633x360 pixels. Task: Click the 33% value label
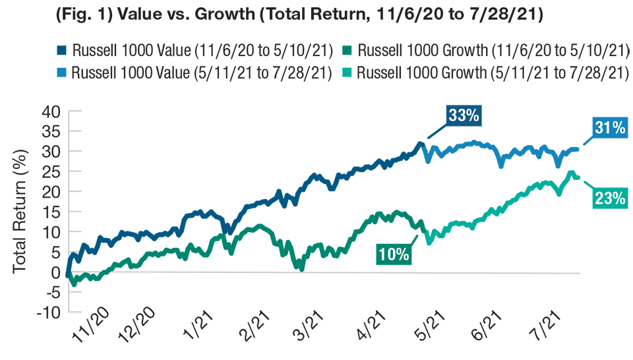coord(463,115)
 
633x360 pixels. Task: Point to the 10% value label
coord(394,254)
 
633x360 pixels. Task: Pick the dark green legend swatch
coord(346,45)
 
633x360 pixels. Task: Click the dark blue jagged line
coord(264,200)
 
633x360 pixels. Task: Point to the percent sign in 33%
coord(472,115)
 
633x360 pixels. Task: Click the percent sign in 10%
coord(403,254)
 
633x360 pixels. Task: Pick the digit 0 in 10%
coord(391,254)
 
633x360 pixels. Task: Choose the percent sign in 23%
coord(618,198)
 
